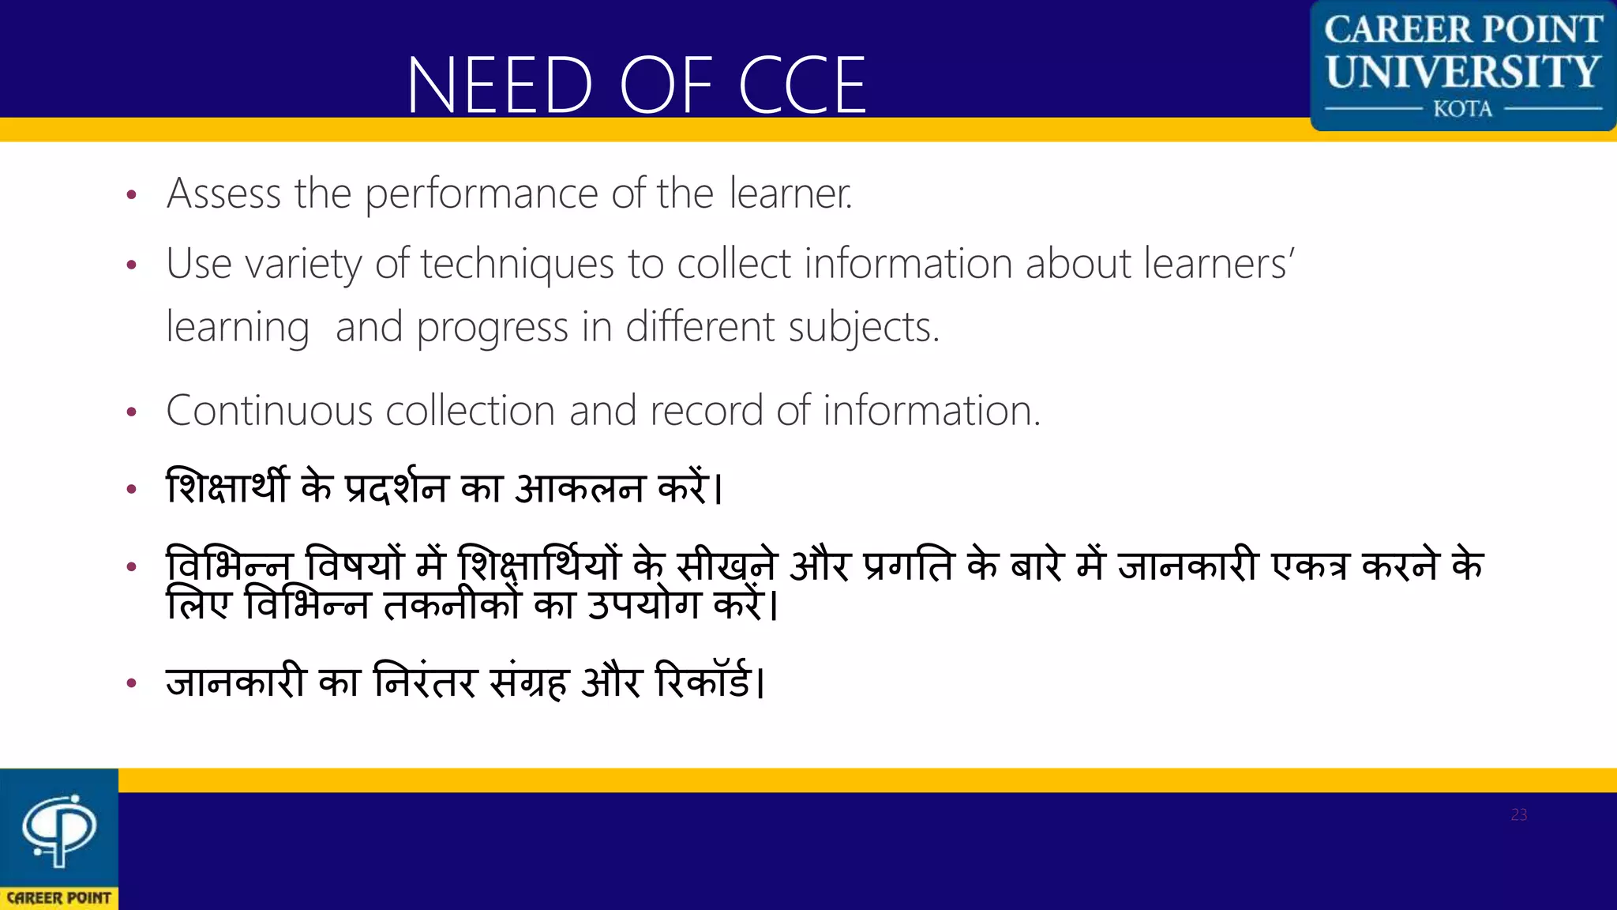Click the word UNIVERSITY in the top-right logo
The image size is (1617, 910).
point(1463,72)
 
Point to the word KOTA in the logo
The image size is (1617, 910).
point(1463,109)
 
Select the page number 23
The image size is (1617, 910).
point(1518,814)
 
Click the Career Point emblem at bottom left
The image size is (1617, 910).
point(59,829)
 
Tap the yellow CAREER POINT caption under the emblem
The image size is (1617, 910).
point(59,898)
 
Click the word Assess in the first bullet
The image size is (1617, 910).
point(224,194)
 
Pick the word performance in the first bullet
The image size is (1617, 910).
point(482,195)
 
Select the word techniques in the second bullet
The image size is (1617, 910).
point(517,265)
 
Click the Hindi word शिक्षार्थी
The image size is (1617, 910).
point(227,487)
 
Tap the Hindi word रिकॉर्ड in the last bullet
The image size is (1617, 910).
point(703,682)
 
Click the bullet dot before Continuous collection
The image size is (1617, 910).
point(132,412)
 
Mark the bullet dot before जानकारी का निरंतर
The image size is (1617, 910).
point(132,683)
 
